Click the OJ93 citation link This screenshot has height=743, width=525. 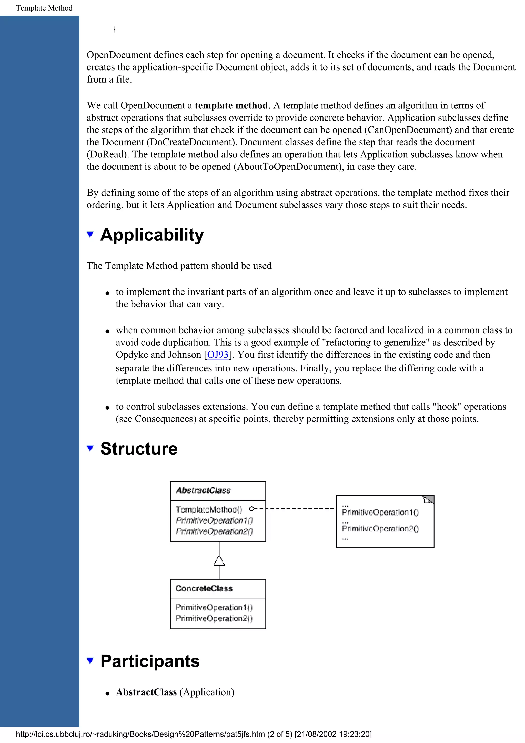(218, 355)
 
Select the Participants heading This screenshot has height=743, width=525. (150, 661)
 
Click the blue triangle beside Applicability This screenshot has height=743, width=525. (90, 234)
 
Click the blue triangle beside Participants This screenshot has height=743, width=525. (90, 660)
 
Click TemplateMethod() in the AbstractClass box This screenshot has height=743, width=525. (209, 510)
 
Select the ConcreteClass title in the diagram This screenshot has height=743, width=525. (204, 589)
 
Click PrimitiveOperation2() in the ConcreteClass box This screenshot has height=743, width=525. (214, 619)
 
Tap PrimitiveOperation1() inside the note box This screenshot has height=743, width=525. (380, 512)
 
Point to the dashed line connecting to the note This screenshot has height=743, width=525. (301, 509)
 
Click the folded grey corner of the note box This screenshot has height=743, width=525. (429, 499)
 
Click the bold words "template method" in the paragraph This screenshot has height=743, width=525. (231, 105)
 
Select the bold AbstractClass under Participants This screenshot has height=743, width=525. (146, 692)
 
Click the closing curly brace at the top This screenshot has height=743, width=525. (114, 29)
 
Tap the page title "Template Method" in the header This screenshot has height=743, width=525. (44, 8)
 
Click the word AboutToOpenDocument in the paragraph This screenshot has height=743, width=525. (289, 167)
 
